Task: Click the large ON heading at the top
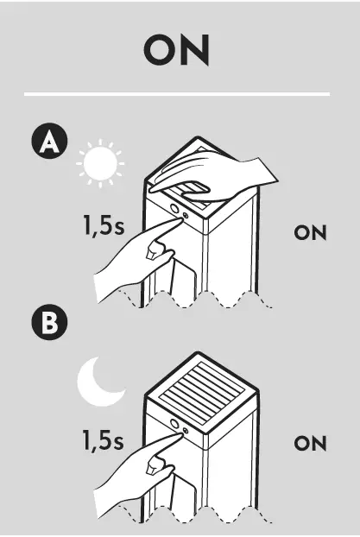pos(177,51)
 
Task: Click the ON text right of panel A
pos(310,233)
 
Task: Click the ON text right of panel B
pos(310,444)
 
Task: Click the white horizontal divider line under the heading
pos(177,93)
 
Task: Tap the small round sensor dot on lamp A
pos(185,211)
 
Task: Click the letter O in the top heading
pos(160,51)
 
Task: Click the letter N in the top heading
pos(196,51)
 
